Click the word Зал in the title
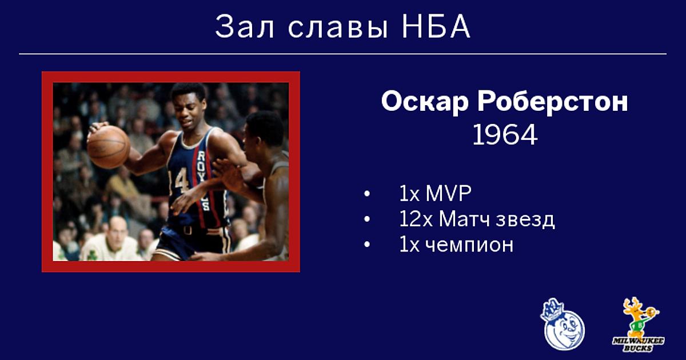pyautogui.click(x=245, y=27)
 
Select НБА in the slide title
pyautogui.click(x=436, y=27)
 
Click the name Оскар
pyautogui.click(x=425, y=102)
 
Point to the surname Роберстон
pyautogui.click(x=553, y=101)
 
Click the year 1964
pyautogui.click(x=505, y=135)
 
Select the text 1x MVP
pyautogui.click(x=435, y=194)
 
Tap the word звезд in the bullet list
pyautogui.click(x=525, y=220)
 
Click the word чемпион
pyautogui.click(x=469, y=245)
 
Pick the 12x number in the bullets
pyautogui.click(x=416, y=219)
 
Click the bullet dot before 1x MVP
pyautogui.click(x=366, y=194)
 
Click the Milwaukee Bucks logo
pyautogui.click(x=639, y=325)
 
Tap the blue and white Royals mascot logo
pyautogui.click(x=563, y=324)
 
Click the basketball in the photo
pyautogui.click(x=109, y=147)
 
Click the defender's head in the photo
pyautogui.click(x=264, y=130)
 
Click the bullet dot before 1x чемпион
pyautogui.click(x=366, y=245)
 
